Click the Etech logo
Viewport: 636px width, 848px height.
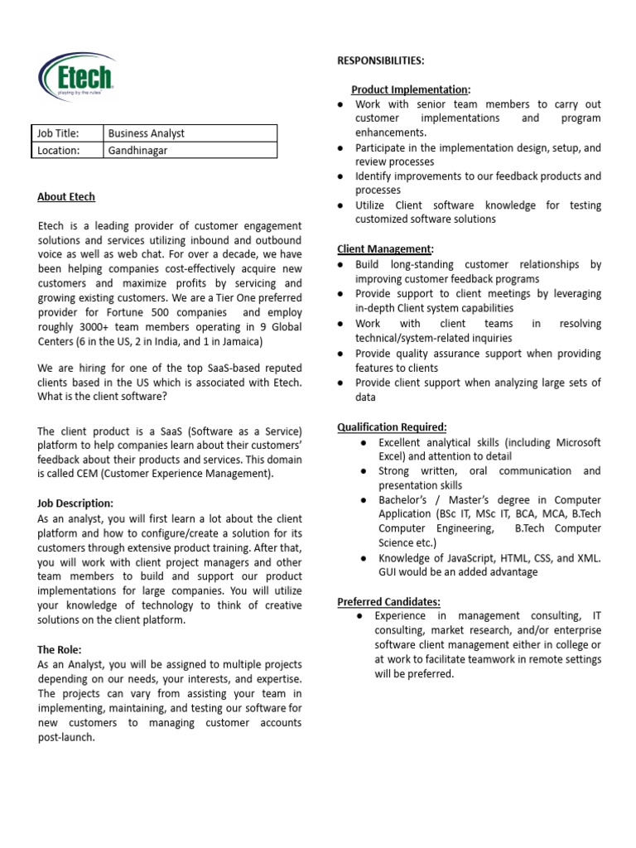(x=75, y=79)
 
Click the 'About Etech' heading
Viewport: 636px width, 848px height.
(x=66, y=197)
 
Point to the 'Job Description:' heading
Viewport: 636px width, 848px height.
(x=75, y=503)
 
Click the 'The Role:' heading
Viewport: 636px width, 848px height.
(x=60, y=650)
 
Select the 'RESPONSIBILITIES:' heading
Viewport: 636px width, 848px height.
(x=380, y=61)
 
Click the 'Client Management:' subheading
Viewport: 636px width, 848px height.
(x=386, y=249)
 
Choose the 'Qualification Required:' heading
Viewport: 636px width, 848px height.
(x=392, y=427)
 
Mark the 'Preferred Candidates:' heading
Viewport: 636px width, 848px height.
(x=389, y=601)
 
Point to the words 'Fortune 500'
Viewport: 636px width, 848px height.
(x=194, y=313)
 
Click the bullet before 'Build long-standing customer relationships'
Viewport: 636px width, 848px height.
(x=341, y=265)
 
